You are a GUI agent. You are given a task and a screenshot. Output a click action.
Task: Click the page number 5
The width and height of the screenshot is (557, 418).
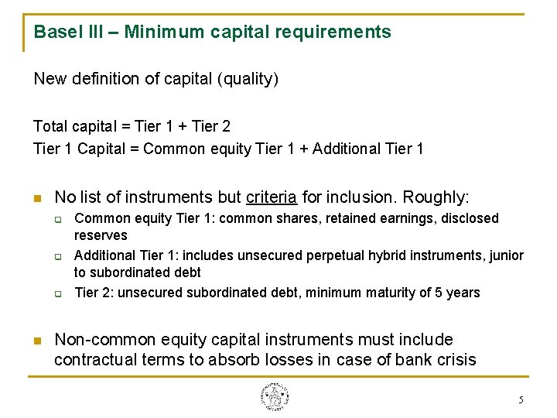click(x=521, y=400)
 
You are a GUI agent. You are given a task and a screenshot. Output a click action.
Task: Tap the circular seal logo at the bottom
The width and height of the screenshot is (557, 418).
click(x=275, y=397)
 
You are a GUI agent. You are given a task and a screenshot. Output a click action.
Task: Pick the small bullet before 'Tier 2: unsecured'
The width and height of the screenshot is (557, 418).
click(x=58, y=293)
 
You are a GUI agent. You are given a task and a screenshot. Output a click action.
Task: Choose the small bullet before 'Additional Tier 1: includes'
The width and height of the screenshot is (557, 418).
click(x=58, y=256)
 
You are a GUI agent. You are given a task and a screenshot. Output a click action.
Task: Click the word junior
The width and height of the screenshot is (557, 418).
click(x=506, y=255)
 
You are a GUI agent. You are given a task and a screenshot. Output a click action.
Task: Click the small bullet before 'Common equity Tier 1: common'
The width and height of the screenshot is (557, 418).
click(x=58, y=219)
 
